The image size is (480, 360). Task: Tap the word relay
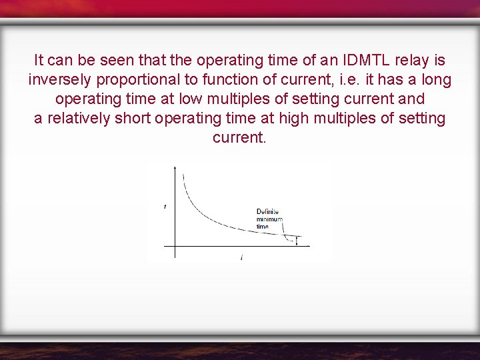[x=409, y=60]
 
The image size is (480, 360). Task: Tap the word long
[x=436, y=80]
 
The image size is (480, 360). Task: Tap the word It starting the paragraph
[x=39, y=60]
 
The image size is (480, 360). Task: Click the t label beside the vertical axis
[x=165, y=207]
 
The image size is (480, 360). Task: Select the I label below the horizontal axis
[x=241, y=257]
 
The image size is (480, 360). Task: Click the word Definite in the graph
[x=268, y=212]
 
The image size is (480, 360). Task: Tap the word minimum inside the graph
[x=269, y=219]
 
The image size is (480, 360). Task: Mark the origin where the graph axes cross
[x=175, y=246]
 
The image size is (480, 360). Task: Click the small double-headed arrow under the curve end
[x=297, y=241]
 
